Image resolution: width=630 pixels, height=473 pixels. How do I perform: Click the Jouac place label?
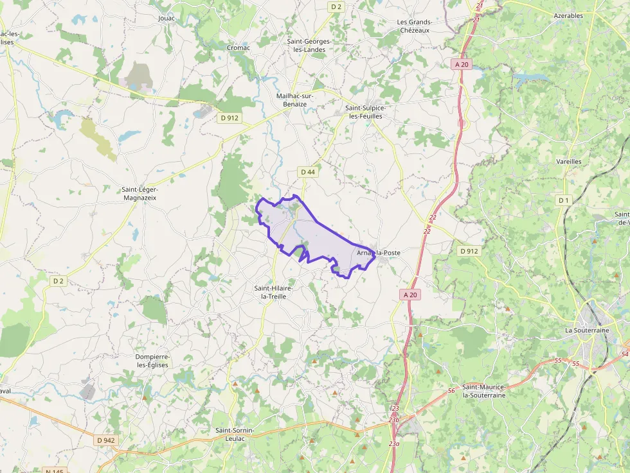[x=166, y=18]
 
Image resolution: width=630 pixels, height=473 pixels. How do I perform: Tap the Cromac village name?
[x=239, y=47]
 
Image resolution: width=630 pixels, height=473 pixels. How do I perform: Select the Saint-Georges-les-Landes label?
[x=309, y=46]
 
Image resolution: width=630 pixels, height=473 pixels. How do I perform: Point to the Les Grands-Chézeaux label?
[x=415, y=26]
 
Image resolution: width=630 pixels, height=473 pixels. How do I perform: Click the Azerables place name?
[x=568, y=15]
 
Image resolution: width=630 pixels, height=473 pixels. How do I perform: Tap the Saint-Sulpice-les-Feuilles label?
[x=364, y=112]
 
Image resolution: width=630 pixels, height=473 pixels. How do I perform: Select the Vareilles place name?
[x=569, y=162]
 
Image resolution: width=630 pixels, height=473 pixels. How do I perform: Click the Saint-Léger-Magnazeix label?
[x=139, y=194]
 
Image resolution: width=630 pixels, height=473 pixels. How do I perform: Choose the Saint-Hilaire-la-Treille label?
[x=274, y=293]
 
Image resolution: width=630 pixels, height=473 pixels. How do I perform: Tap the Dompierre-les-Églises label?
[x=152, y=361]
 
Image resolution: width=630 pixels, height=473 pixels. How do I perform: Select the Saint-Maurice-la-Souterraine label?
[x=484, y=391]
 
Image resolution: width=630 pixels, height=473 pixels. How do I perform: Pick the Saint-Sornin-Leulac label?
[x=235, y=434]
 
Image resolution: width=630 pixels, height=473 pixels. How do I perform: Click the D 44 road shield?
[x=307, y=172]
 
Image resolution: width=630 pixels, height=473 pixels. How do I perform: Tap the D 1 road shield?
[x=564, y=201]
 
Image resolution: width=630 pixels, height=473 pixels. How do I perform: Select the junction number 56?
[x=452, y=391]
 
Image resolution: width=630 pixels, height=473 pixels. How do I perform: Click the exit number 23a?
[x=394, y=443]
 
